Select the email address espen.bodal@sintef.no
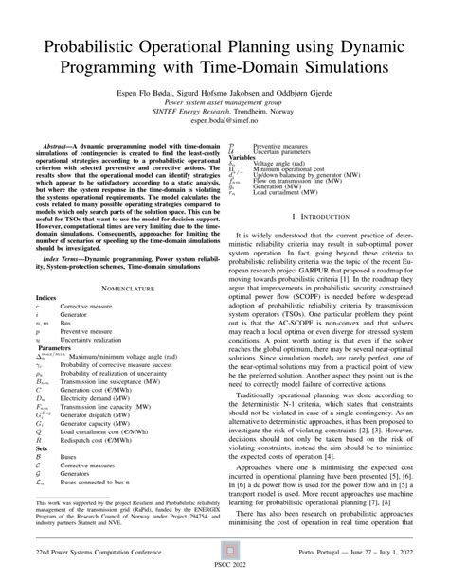[224, 121]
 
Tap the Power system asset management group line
[224, 100]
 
